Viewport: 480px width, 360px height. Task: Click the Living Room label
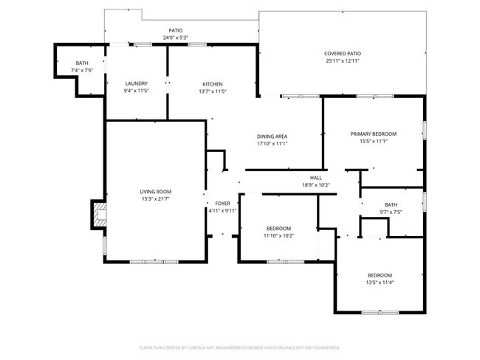tap(156, 191)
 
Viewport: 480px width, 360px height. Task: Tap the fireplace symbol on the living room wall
tap(97, 215)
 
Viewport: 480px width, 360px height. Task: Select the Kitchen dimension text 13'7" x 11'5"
tap(212, 91)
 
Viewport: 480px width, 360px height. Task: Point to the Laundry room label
tap(137, 83)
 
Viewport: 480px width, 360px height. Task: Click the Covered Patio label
tap(343, 53)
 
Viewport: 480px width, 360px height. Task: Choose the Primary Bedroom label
tap(373, 134)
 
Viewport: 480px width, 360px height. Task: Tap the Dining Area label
tap(272, 136)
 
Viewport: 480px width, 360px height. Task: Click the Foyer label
tap(222, 203)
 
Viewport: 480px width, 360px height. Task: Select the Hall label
tap(315, 178)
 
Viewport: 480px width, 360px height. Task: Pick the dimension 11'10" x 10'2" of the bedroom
tap(278, 236)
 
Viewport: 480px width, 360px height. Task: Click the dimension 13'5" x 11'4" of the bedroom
tap(380, 282)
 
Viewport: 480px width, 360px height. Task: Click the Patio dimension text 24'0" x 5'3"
tap(175, 38)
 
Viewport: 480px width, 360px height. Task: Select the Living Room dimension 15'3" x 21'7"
tap(156, 198)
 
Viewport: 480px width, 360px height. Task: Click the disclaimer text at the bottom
tap(239, 347)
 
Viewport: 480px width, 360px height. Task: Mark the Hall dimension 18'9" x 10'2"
tap(315, 185)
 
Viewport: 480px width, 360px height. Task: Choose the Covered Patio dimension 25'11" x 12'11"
tap(343, 60)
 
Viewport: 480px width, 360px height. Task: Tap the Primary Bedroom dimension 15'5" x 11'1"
tap(373, 141)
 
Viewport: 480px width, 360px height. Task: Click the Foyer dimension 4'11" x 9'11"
tap(222, 210)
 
